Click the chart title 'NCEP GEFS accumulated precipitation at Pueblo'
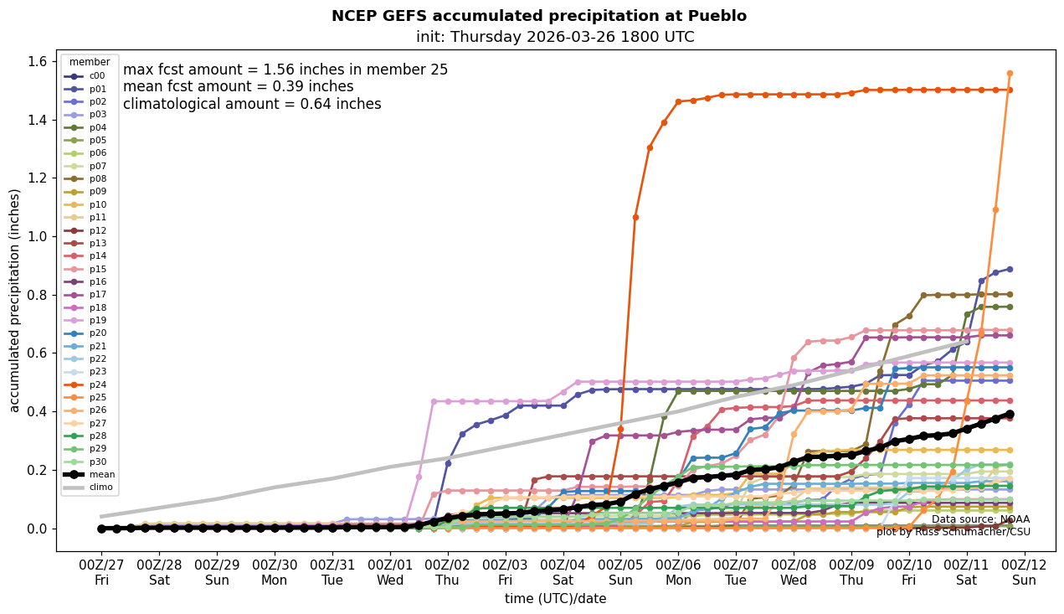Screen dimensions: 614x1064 (x=538, y=16)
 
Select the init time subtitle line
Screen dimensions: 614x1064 (x=554, y=37)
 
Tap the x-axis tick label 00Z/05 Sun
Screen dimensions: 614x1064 (x=620, y=572)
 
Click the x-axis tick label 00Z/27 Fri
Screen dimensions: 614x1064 (x=101, y=572)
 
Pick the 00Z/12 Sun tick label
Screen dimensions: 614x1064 (x=1024, y=572)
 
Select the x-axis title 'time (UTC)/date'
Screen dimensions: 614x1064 (x=555, y=599)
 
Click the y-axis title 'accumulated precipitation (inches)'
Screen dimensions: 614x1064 (x=14, y=300)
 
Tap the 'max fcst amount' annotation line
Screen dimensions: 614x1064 (x=285, y=70)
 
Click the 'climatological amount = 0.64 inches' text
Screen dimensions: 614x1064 (x=252, y=104)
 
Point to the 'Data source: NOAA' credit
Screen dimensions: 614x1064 (x=980, y=519)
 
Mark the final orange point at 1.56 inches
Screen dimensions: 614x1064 (x=1010, y=73)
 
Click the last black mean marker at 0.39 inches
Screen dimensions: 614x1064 (x=1010, y=414)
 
